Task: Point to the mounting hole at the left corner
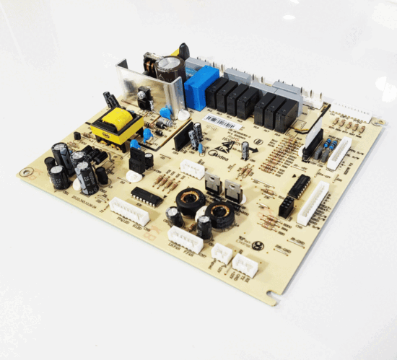(27, 172)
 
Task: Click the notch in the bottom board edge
(271, 294)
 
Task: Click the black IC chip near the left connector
(147, 196)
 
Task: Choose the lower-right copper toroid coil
(218, 214)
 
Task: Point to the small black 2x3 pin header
(287, 208)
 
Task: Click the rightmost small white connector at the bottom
(245, 265)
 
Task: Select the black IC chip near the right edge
(300, 186)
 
